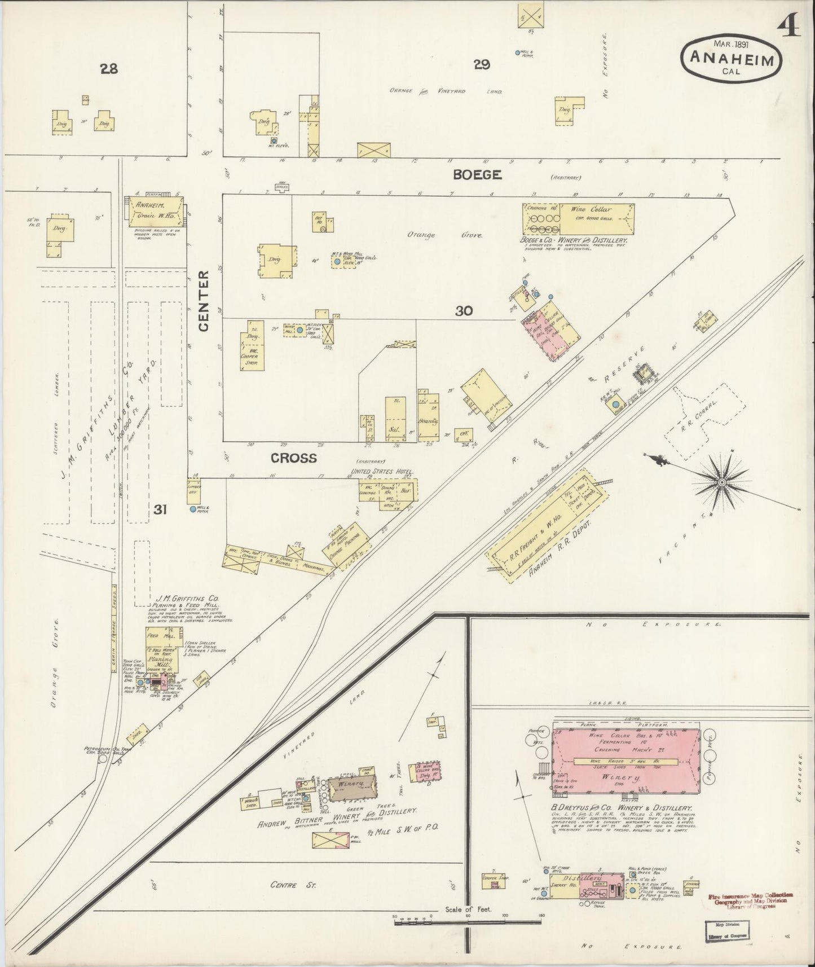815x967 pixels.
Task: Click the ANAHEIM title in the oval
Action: (732, 58)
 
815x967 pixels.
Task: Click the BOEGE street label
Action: (477, 175)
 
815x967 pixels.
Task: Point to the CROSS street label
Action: (294, 458)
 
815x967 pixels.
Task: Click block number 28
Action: (109, 69)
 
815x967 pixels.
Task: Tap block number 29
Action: (481, 65)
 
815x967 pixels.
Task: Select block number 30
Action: (464, 310)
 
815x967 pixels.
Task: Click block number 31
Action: (160, 510)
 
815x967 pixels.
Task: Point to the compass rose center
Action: (721, 483)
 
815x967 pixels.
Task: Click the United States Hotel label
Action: (382, 471)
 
